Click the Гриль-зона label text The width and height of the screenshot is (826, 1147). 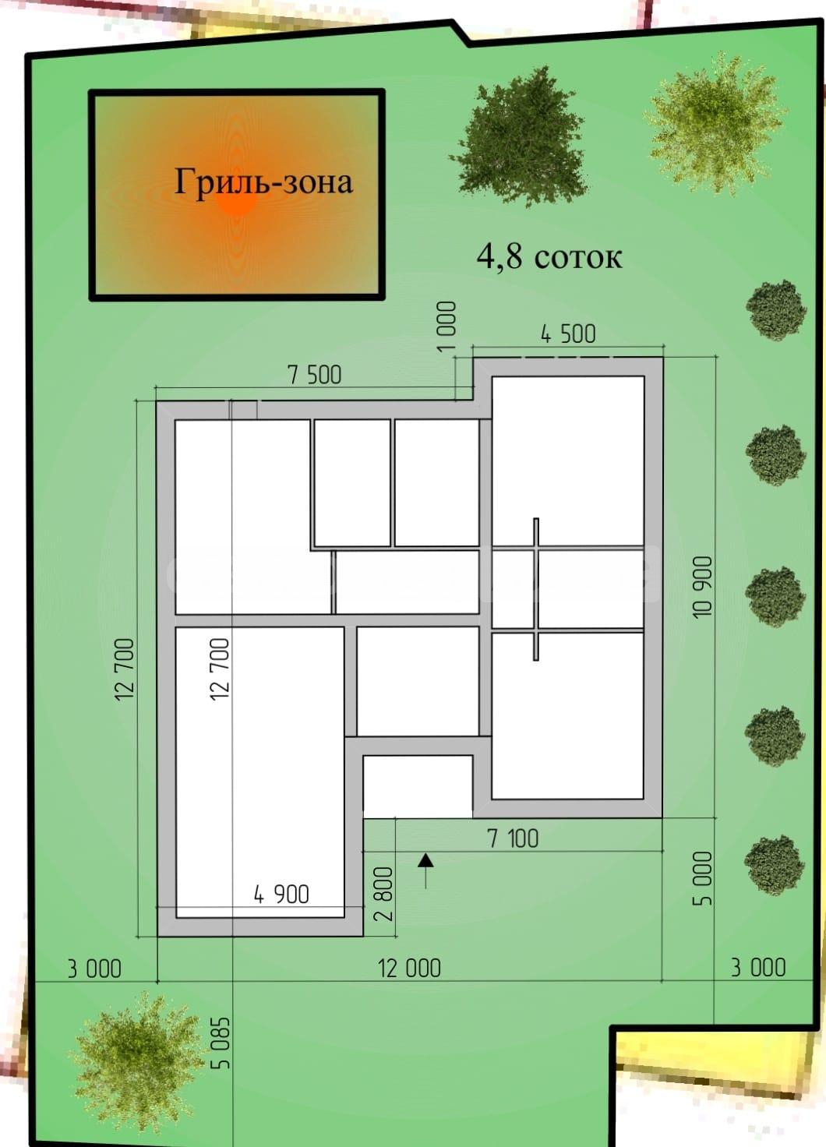[x=263, y=183]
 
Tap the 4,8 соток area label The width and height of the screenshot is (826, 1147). [x=549, y=256]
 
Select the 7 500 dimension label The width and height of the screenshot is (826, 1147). [x=314, y=375]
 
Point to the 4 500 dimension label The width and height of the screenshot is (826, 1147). [x=568, y=334]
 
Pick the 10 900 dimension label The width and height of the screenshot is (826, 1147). [x=704, y=587]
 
